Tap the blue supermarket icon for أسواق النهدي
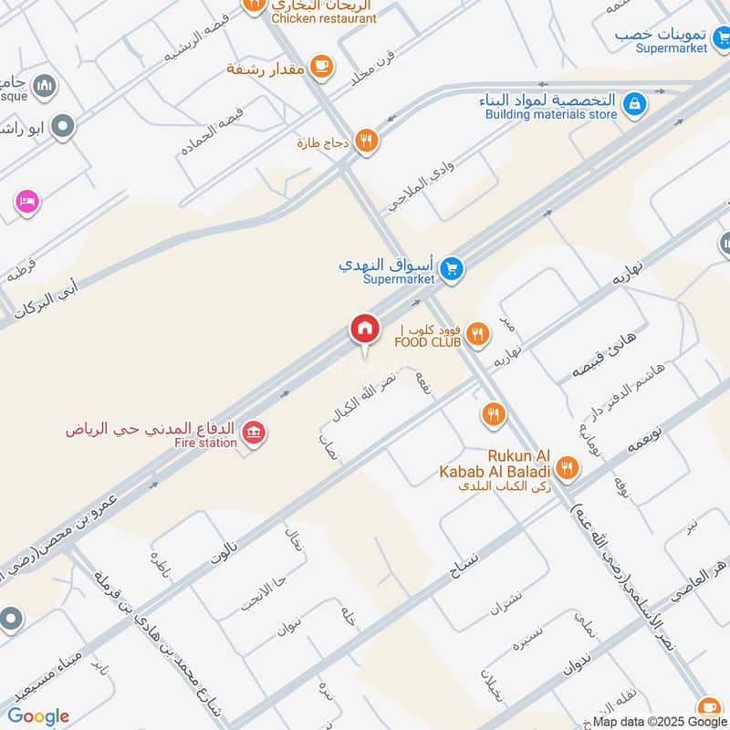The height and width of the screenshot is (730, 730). tap(450, 269)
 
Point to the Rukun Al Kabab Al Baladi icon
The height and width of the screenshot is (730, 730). tap(567, 469)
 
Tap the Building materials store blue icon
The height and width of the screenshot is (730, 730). tap(635, 105)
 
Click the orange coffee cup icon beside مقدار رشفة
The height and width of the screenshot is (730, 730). tap(319, 65)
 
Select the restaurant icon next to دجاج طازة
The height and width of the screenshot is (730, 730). tap(366, 140)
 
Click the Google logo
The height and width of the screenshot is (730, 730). tap(38, 716)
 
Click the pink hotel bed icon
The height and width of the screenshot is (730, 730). tap(26, 201)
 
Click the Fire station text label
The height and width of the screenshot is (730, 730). tap(207, 443)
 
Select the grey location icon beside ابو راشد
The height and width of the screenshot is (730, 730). tap(63, 127)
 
